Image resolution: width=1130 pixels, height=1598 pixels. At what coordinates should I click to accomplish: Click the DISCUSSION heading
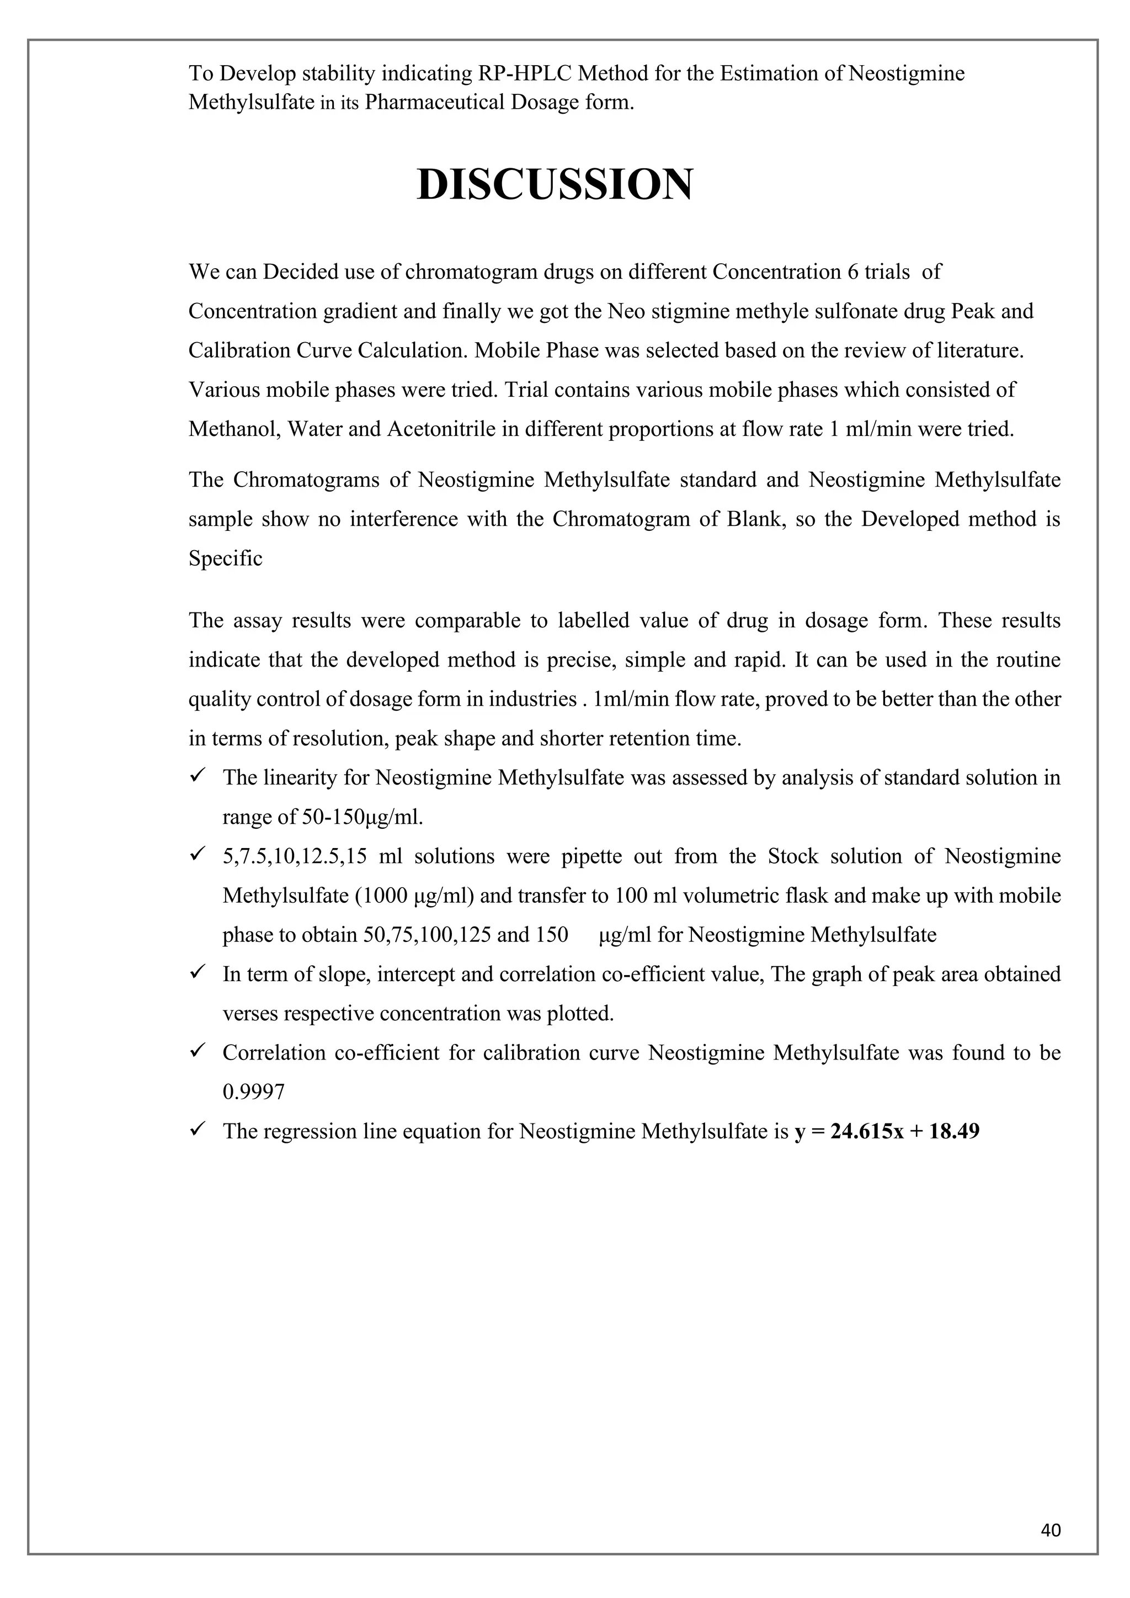point(555,185)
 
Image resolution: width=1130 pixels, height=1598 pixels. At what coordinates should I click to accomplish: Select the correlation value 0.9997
point(253,1092)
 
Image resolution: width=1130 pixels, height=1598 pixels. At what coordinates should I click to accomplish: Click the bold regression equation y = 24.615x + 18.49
point(887,1131)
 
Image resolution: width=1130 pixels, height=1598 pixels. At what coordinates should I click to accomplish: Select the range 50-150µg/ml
point(363,817)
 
